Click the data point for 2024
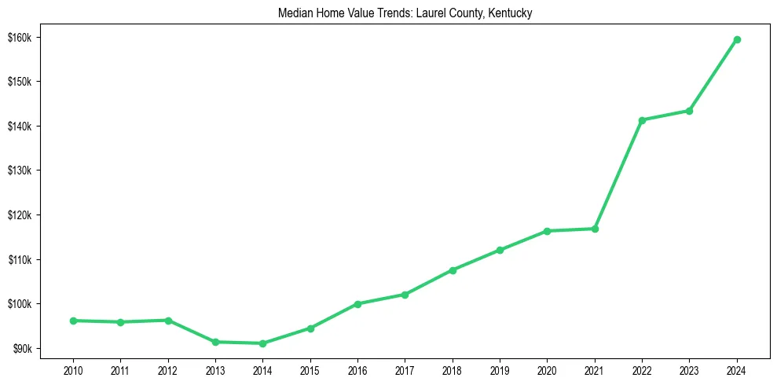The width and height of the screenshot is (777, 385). point(737,39)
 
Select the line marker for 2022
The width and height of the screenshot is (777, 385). point(642,120)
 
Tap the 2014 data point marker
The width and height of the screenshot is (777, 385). point(262,343)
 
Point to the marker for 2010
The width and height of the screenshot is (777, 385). point(73,321)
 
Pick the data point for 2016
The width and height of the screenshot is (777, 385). point(357,304)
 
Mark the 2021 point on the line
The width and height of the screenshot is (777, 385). point(595,229)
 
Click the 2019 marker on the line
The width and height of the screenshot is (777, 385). point(500,250)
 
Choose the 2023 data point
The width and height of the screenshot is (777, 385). point(689,111)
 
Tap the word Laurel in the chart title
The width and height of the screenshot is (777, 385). point(434,13)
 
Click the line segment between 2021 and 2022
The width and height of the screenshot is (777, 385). point(618,174)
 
